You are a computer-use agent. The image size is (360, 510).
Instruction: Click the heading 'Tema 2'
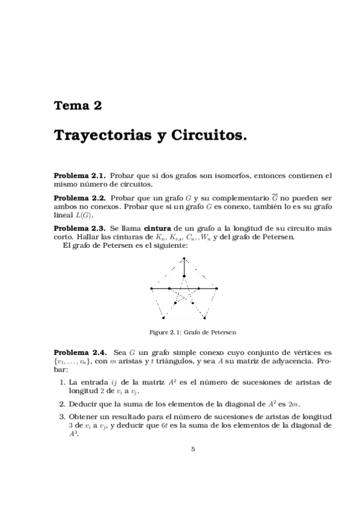pos(78,106)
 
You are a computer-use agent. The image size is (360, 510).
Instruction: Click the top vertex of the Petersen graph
pos(185,258)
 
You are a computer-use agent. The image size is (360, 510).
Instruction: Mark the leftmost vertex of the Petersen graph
pos(151,289)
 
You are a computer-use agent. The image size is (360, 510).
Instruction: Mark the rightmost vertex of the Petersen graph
pos(217,289)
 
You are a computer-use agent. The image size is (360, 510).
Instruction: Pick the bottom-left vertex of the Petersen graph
pos(163,318)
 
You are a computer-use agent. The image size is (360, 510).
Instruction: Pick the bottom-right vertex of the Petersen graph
pos(204,318)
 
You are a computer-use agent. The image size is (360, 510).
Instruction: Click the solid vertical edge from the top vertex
pos(185,267)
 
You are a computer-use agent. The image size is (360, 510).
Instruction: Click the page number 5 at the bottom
pos(194,449)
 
